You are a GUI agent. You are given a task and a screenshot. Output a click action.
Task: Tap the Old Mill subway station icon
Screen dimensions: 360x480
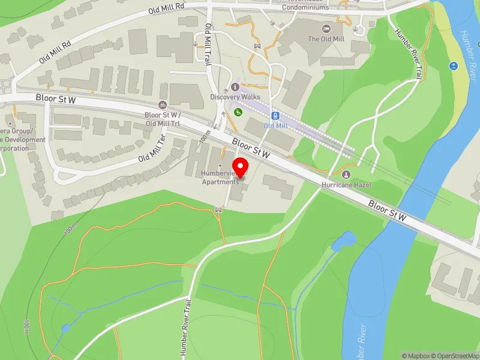point(275,115)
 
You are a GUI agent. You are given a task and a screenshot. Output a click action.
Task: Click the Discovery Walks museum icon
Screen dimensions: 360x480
point(235,88)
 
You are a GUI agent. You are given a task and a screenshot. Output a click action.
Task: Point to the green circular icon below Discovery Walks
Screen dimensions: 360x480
point(238,112)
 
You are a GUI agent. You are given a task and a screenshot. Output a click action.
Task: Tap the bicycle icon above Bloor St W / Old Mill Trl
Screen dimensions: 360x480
point(163,105)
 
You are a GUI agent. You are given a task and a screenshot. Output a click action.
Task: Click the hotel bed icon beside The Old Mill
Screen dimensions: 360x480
point(326,29)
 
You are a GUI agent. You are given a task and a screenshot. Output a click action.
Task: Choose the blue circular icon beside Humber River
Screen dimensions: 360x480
point(452,64)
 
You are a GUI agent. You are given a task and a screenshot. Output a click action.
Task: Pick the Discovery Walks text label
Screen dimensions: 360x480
point(235,97)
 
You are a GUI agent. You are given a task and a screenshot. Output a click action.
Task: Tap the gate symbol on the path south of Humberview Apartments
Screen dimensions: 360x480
point(219,209)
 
